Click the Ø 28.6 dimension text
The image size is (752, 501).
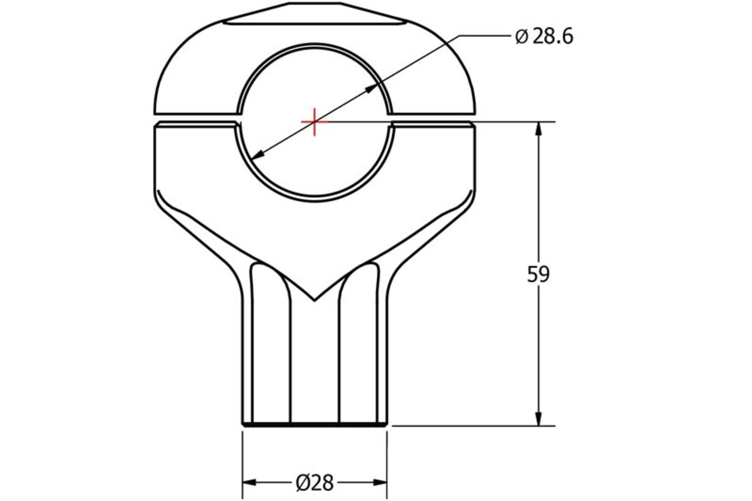[x=544, y=37]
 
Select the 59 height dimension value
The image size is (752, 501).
[x=538, y=274]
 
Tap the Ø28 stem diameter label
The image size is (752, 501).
[x=314, y=482]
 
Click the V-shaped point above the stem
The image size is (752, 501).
[x=315, y=299]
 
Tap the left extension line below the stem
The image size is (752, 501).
[x=243, y=463]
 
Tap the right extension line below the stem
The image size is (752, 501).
[x=387, y=463]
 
